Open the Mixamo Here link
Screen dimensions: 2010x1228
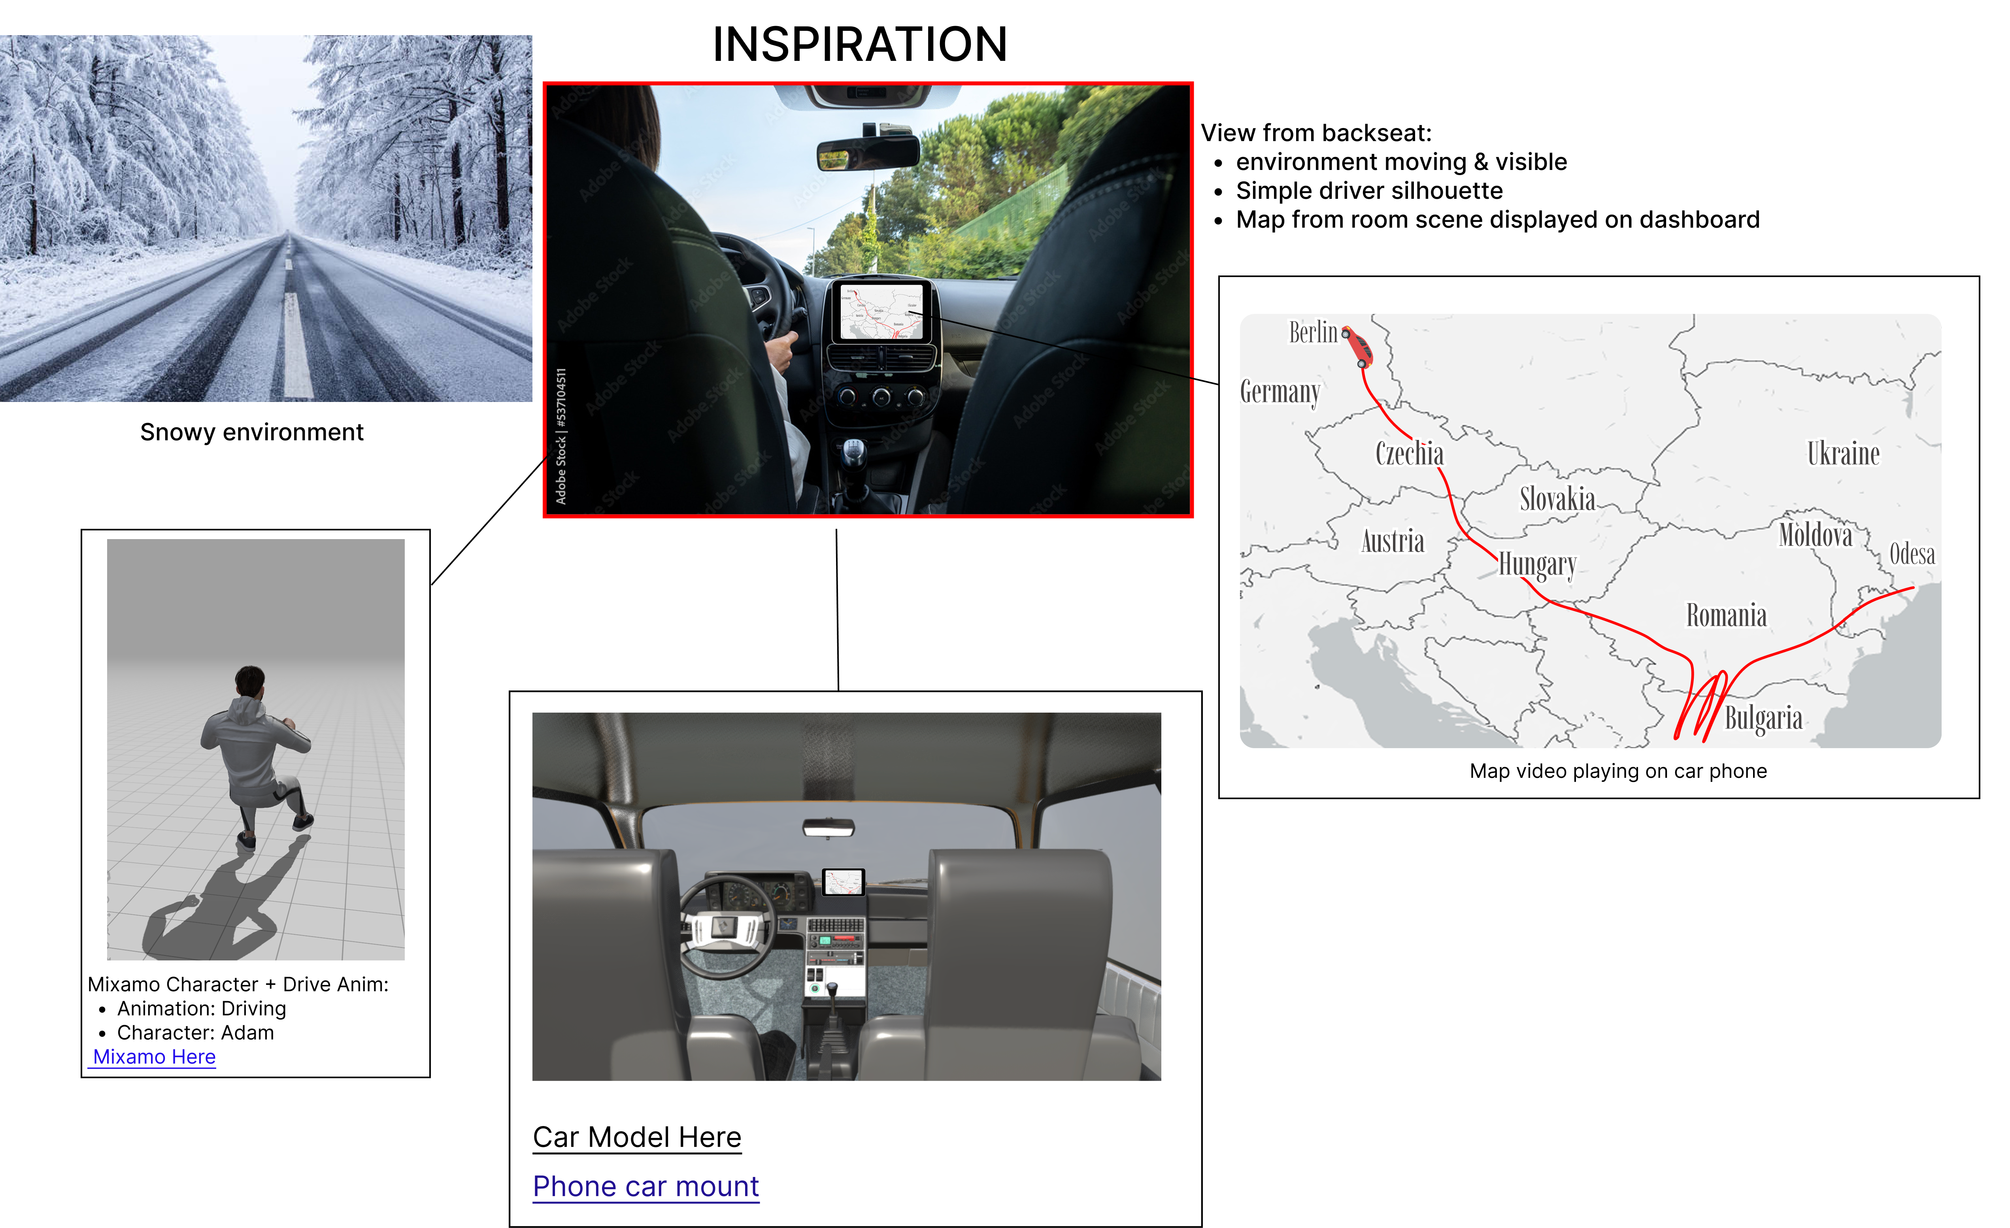point(154,1057)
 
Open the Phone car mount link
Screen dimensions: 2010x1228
point(646,1187)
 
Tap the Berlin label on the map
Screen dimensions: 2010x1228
point(1314,332)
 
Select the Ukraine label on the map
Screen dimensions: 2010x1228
point(1843,453)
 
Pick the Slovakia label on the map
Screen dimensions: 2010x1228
point(1557,499)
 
